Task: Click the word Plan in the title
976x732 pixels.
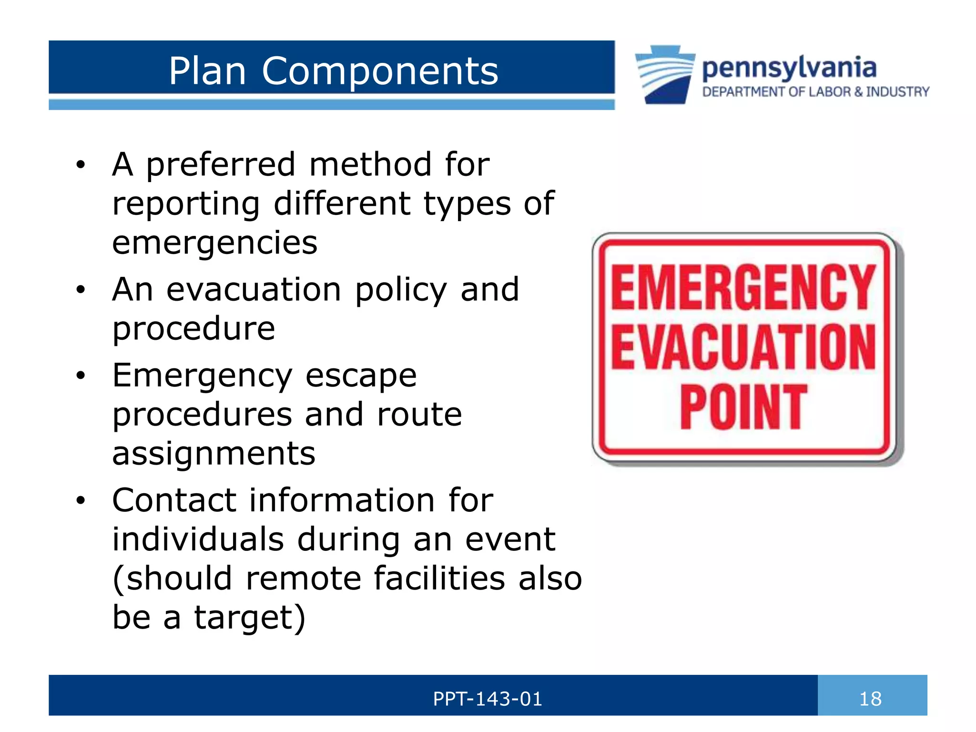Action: (207, 71)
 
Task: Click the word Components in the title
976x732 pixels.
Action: (380, 71)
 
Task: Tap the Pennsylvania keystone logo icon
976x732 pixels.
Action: (665, 74)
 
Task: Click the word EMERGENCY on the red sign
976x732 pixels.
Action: (743, 288)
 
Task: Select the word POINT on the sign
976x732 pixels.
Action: (743, 407)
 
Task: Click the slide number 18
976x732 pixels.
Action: (870, 699)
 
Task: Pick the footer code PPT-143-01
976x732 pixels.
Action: (488, 699)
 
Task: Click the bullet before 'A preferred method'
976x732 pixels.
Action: (81, 165)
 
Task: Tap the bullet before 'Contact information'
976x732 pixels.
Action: (81, 501)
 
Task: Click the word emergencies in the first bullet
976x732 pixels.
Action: (214, 243)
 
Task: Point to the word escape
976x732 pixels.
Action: (361, 376)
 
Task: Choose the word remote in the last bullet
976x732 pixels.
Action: (303, 579)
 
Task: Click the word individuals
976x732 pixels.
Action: (198, 539)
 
